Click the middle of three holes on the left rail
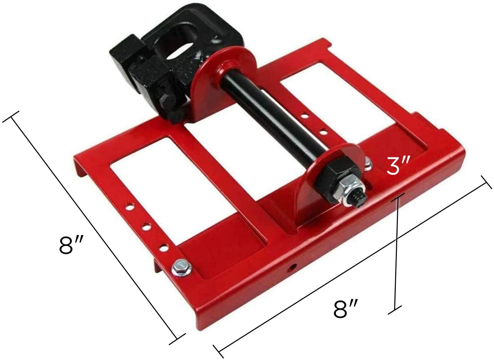146,227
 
